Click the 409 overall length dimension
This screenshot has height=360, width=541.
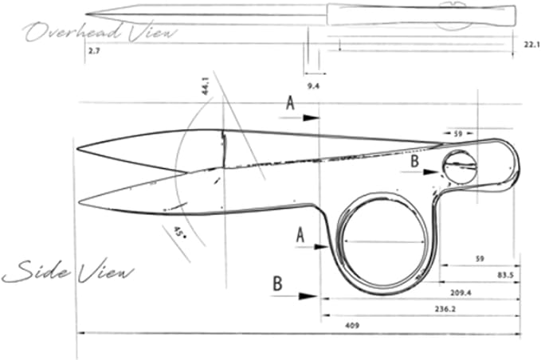pyautogui.click(x=352, y=325)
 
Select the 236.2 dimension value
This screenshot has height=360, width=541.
pyautogui.click(x=445, y=309)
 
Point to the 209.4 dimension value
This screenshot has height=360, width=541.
pyautogui.click(x=461, y=293)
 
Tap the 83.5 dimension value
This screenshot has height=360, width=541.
pyautogui.click(x=506, y=276)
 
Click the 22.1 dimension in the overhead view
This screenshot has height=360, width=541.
pyautogui.click(x=531, y=45)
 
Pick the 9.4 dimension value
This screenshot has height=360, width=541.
pyautogui.click(x=313, y=86)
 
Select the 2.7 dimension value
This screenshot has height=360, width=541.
pyautogui.click(x=94, y=52)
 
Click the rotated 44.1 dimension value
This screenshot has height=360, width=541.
pyautogui.click(x=206, y=86)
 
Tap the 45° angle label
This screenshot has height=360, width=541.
pyautogui.click(x=179, y=232)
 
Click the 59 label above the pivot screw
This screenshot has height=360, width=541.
pyautogui.click(x=458, y=134)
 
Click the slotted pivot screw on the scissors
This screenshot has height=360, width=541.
pyautogui.click(x=460, y=166)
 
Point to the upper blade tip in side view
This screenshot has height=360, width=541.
pyautogui.click(x=77, y=149)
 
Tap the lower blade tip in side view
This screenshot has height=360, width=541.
pyautogui.click(x=80, y=202)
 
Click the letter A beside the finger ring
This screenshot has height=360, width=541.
pyautogui.click(x=300, y=235)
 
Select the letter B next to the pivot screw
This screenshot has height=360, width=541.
pyautogui.click(x=415, y=161)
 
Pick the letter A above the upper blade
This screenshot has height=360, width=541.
pyautogui.click(x=291, y=103)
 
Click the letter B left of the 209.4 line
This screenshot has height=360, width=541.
pyautogui.click(x=278, y=284)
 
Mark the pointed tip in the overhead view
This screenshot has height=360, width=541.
pyautogui.click(x=86, y=14)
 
